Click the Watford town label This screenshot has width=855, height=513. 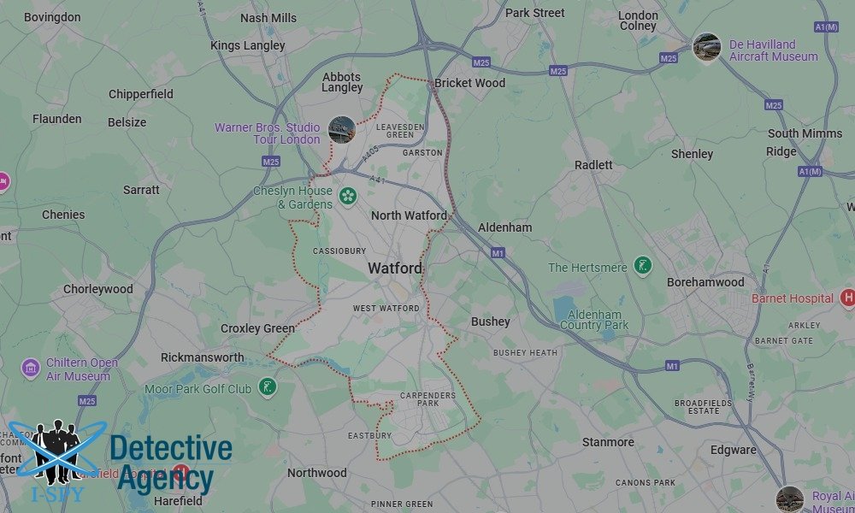coord(395,268)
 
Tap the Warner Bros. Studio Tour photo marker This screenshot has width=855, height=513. coord(341,130)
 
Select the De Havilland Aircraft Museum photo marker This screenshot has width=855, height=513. coord(706,47)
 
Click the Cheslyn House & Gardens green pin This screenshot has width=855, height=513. coord(348,196)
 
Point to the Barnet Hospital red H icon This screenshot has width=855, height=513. coord(847,298)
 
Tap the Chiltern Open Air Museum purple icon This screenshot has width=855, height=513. coord(31,369)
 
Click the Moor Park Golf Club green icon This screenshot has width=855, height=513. coord(269,388)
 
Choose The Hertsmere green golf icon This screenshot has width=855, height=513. coord(643,266)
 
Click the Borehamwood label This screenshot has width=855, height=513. coord(705,282)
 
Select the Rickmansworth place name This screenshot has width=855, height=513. coord(203,357)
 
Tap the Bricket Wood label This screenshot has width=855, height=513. coord(469,83)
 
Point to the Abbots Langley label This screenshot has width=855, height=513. coord(342,82)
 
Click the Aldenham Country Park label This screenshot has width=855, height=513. coord(594,320)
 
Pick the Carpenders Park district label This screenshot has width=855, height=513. coord(428,401)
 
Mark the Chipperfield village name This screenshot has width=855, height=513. coord(141,94)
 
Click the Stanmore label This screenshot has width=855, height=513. coord(608,442)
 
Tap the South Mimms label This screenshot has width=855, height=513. coord(805,133)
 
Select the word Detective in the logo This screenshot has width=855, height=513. coord(170,449)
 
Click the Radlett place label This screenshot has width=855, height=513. coord(593,164)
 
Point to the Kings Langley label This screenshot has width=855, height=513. coord(247,45)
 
